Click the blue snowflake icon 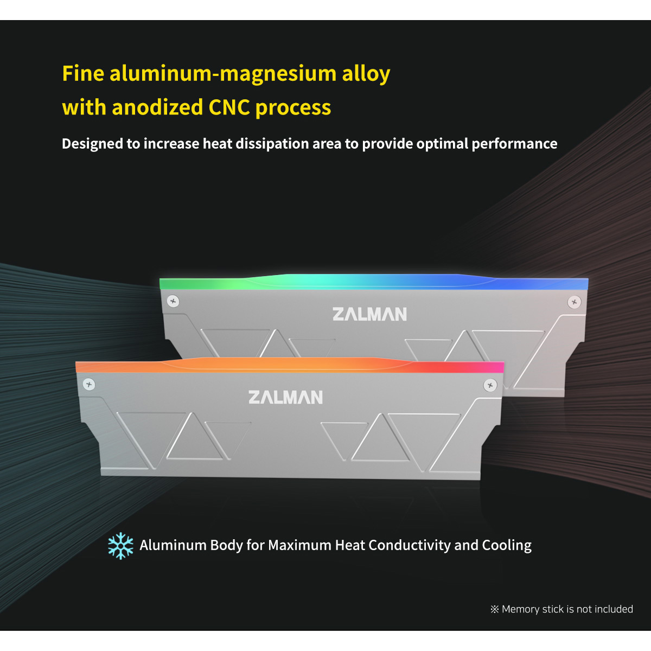click(120, 546)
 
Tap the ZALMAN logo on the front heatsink click(285, 397)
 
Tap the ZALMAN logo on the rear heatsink click(369, 314)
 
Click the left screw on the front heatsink click(89, 385)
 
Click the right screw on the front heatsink click(490, 385)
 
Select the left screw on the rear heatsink click(173, 301)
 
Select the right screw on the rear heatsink click(574, 302)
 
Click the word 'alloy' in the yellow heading click(366, 74)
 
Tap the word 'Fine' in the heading click(83, 73)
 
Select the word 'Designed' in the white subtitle click(92, 144)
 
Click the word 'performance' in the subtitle click(514, 144)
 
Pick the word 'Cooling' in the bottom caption click(507, 546)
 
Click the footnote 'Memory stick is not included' click(567, 609)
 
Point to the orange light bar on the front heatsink click(290, 365)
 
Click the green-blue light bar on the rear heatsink click(374, 282)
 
